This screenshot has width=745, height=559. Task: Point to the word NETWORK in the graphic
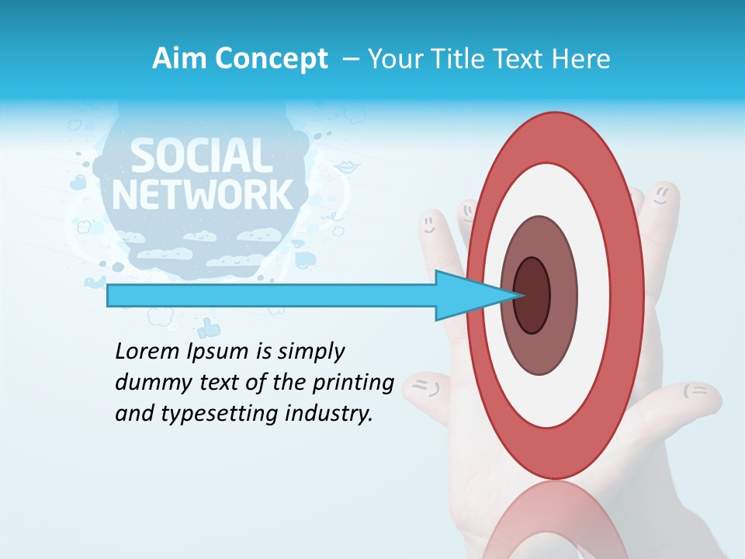[x=203, y=194]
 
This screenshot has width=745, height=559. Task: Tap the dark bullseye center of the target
[x=532, y=295]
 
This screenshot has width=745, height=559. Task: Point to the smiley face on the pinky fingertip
[x=428, y=223]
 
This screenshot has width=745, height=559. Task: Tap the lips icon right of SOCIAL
[x=345, y=167]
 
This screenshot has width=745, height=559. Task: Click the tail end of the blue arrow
[x=109, y=295]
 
